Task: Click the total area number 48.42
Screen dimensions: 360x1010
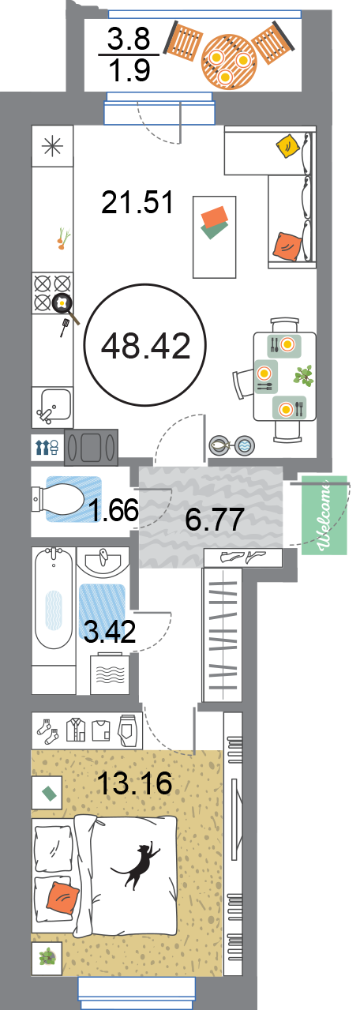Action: [x=145, y=346]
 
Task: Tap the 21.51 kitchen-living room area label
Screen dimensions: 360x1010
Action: [x=137, y=202]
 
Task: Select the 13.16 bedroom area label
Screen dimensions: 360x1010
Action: [x=134, y=783]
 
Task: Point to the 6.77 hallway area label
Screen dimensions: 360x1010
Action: [x=215, y=519]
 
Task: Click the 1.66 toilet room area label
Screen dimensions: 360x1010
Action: [x=113, y=510]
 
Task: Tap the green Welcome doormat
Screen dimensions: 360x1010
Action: [x=324, y=515]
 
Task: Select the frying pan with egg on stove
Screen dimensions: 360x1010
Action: [x=66, y=307]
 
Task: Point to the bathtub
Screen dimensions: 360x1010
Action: [x=54, y=599]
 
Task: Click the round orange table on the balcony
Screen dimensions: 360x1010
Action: [x=229, y=62]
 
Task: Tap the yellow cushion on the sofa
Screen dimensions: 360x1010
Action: [x=287, y=146]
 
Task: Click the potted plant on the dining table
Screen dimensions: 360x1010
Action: [x=304, y=375]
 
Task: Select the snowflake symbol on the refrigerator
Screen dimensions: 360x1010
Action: [x=52, y=147]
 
